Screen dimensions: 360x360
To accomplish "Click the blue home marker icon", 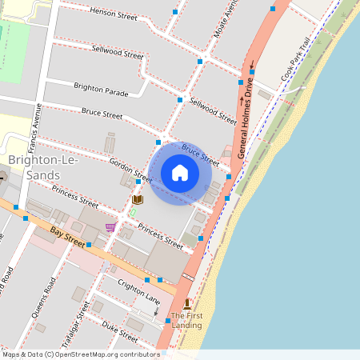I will (x=180, y=173).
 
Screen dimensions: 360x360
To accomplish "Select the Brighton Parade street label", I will (x=101, y=87).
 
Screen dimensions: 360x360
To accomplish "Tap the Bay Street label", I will (x=67, y=235).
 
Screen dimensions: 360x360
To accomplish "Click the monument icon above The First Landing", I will (x=187, y=303).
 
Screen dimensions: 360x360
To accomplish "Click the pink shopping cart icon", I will (x=110, y=227).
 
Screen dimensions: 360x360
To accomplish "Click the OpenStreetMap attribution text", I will (x=81, y=354).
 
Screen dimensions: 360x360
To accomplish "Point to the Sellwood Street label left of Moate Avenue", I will (x=118, y=53).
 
